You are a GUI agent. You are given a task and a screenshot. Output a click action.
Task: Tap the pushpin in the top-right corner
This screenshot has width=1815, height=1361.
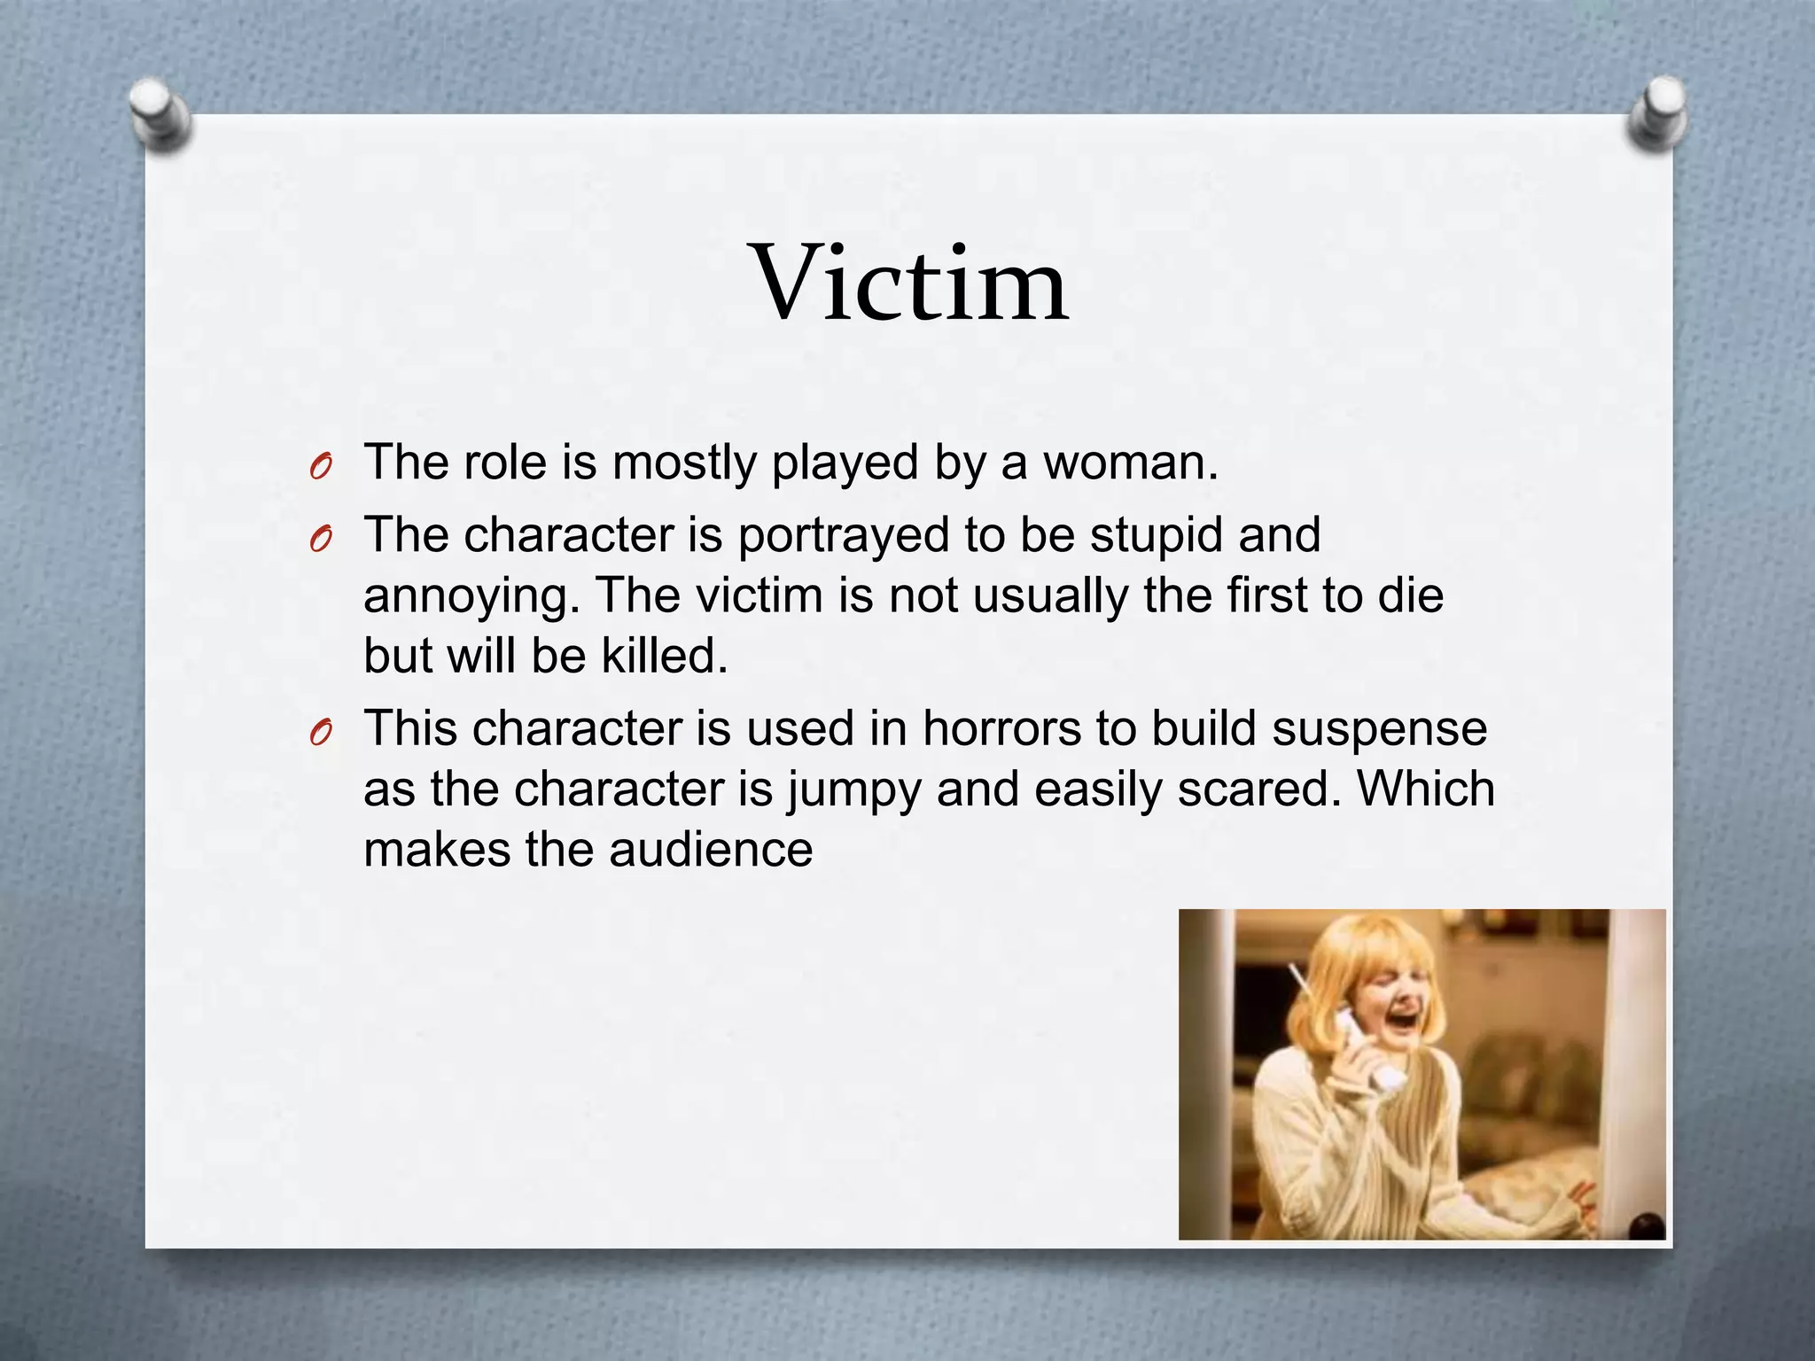pos(1657,113)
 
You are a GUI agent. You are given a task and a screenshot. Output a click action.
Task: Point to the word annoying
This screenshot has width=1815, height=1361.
pos(471,596)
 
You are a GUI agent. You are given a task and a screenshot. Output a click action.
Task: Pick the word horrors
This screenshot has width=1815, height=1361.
pos(1001,728)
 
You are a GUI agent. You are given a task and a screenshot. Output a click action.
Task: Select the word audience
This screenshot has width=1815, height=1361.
pos(710,849)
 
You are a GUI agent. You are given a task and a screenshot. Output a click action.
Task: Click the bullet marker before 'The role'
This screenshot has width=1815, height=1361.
pos(321,466)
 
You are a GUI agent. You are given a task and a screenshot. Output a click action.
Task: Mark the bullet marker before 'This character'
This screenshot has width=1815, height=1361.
pos(321,733)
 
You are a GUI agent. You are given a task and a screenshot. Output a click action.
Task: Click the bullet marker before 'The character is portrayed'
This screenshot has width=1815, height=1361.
pos(321,539)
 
